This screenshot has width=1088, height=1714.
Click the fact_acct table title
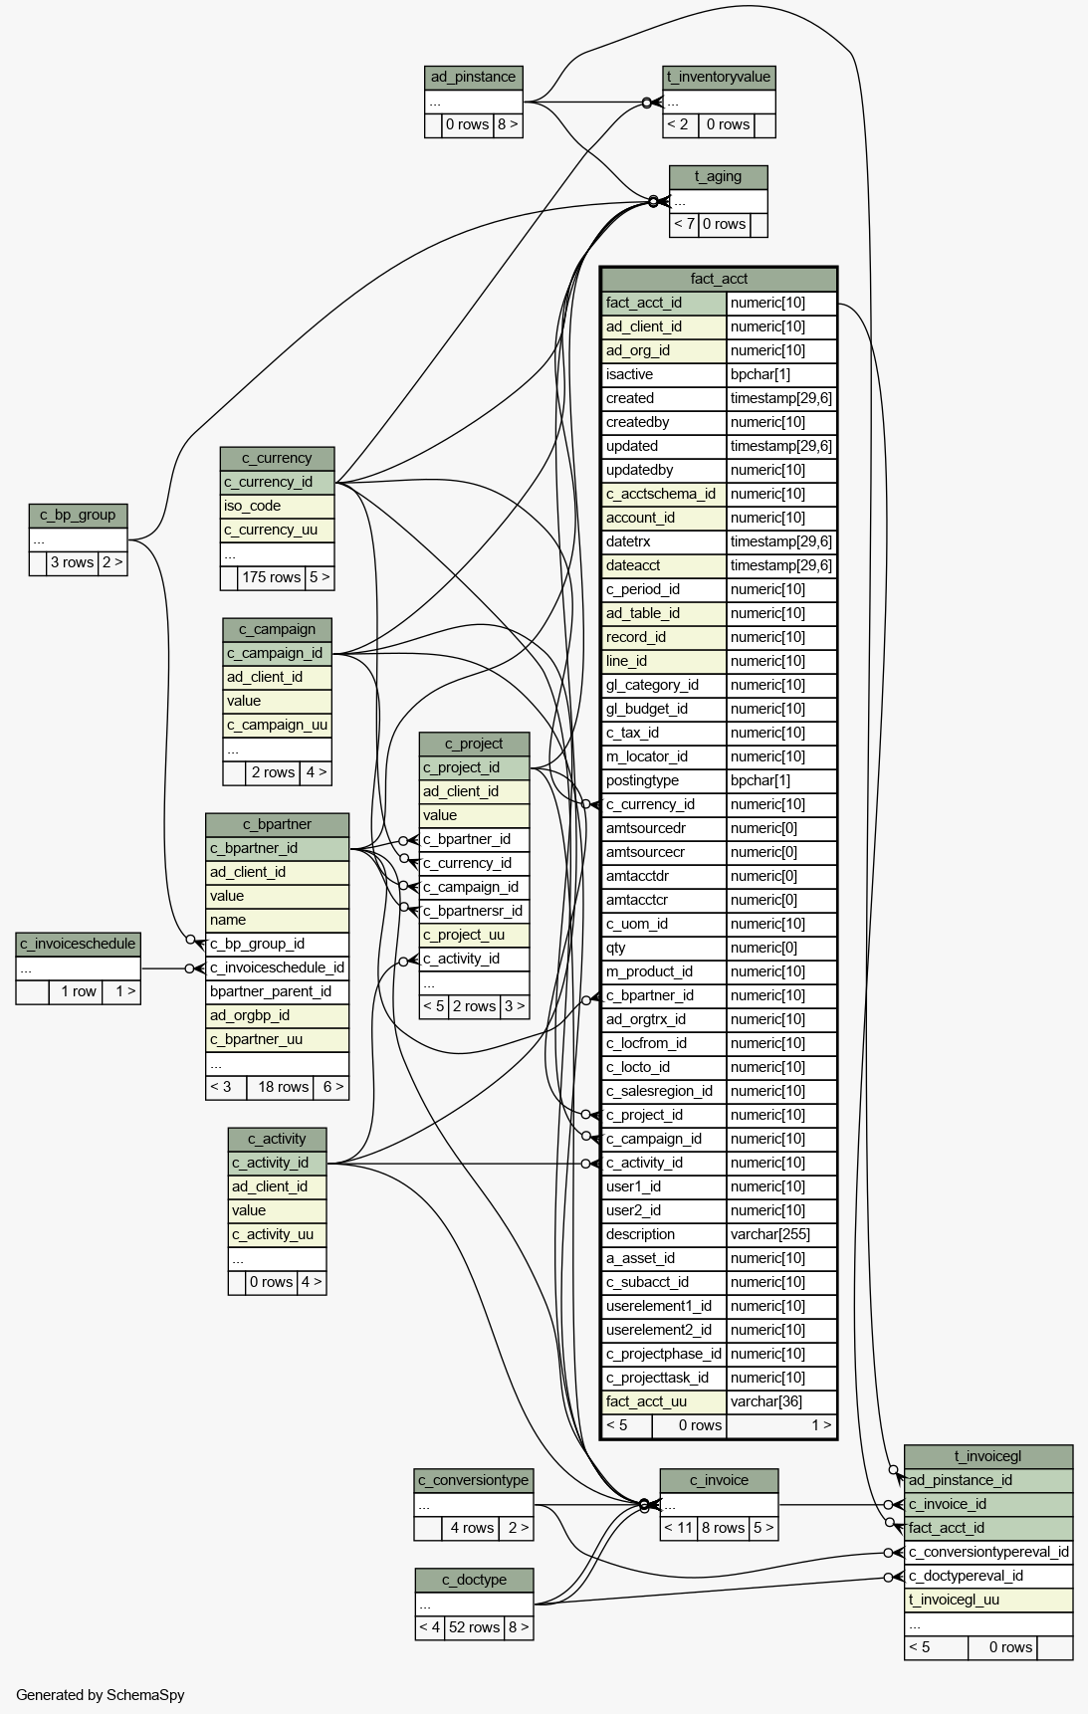pos(719,279)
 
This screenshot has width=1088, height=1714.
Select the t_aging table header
pos(718,177)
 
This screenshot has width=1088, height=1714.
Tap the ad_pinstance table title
pos(473,78)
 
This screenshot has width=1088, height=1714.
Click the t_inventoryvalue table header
pos(719,78)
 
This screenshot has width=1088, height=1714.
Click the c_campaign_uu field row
pos(277,725)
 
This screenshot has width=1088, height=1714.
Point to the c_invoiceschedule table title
pos(78,944)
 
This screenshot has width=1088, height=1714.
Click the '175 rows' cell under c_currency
pos(271,577)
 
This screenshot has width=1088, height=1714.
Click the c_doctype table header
pos(474,1580)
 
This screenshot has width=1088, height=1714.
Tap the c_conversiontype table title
pos(474,1480)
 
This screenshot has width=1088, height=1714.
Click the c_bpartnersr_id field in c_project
pos(474,911)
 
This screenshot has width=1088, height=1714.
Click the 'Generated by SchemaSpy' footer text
pos(100,1695)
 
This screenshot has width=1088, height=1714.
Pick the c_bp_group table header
pos(78,516)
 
